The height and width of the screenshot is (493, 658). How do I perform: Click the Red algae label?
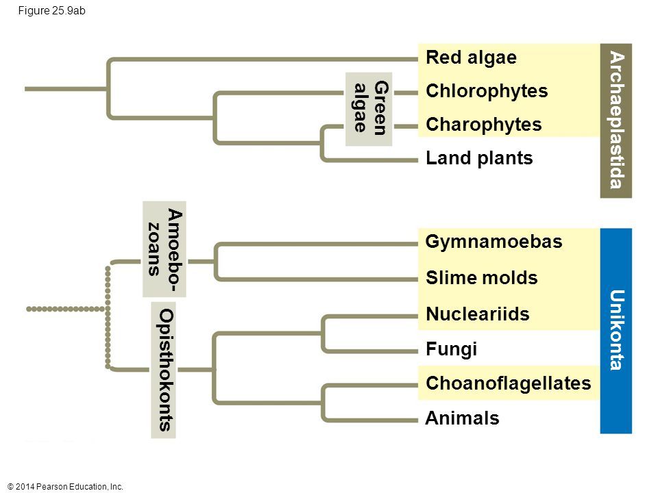(x=470, y=58)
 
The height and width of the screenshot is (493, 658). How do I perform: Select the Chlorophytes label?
(x=486, y=91)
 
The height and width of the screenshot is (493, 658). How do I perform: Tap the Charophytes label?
(x=483, y=125)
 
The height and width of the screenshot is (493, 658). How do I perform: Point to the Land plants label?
(x=478, y=159)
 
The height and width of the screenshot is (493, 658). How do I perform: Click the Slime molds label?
(x=481, y=278)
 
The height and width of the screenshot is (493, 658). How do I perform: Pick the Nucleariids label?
(x=477, y=314)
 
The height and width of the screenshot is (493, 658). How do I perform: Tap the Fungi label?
(x=451, y=349)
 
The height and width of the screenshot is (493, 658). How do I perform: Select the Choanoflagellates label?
(x=507, y=383)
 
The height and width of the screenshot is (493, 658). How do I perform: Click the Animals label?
(x=462, y=418)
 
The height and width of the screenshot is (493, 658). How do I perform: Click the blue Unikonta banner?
(x=616, y=331)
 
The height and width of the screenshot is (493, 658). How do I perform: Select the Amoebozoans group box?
(x=165, y=249)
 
